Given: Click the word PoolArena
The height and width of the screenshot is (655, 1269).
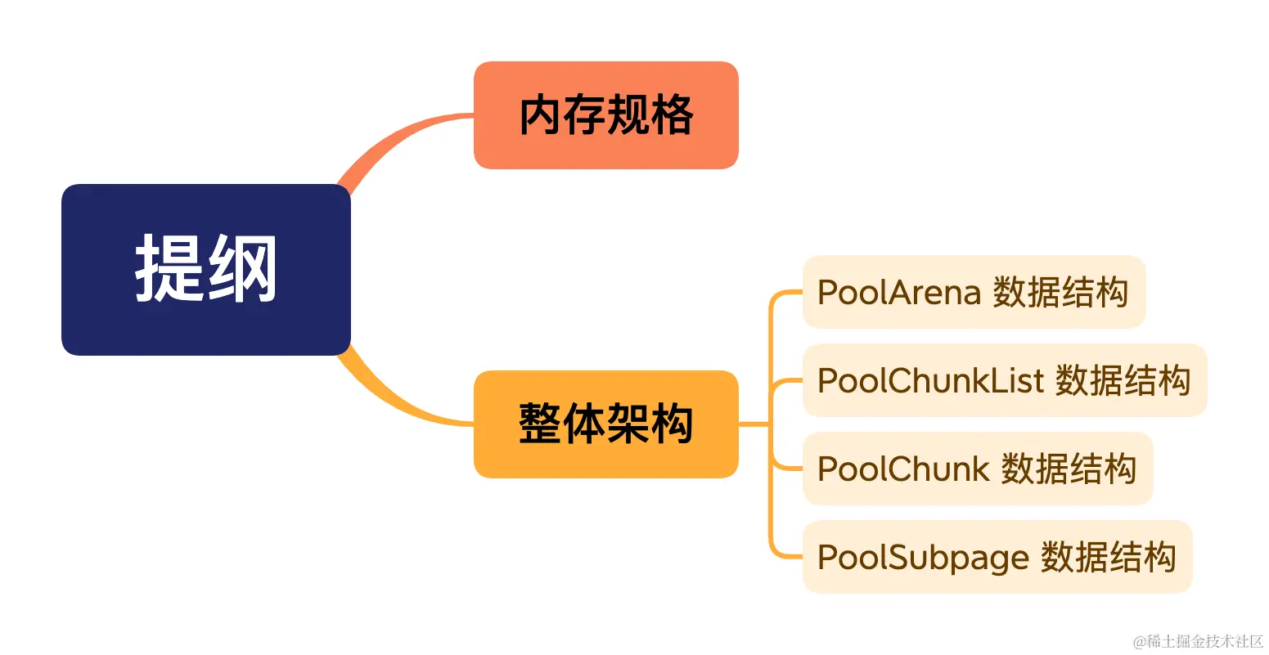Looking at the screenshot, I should point(898,293).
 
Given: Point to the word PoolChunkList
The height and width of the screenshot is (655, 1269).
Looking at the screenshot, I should point(930,381).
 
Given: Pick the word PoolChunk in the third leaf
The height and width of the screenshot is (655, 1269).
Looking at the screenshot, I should point(903,469).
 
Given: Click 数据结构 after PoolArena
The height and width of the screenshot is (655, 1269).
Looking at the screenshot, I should point(1060,293).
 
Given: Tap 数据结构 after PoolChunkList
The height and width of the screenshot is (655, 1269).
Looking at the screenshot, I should point(1123,381).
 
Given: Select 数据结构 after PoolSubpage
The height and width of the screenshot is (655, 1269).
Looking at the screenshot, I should point(1108,558).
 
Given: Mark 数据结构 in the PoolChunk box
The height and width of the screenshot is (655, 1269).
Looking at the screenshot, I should point(1069,469).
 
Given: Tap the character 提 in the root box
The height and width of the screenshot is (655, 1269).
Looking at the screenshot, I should point(169,268).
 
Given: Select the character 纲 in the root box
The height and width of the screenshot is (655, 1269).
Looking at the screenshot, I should point(242,268).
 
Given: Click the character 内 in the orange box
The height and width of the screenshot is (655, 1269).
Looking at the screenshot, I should point(541,115).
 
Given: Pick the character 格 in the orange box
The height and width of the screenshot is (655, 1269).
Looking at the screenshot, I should point(673,115).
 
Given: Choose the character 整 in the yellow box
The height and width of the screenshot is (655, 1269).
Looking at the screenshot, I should point(540,424).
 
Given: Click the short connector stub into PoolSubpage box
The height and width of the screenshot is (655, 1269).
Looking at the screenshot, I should point(787,557).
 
